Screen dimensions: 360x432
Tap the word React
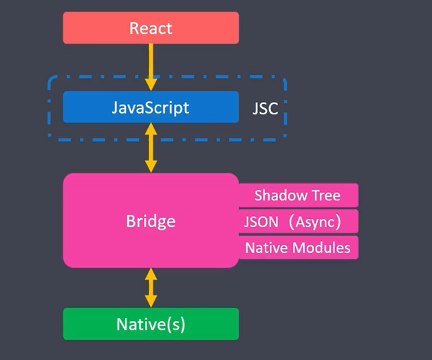tap(151, 28)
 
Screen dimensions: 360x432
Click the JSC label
tap(265, 109)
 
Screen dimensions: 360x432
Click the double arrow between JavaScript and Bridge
tap(151, 147)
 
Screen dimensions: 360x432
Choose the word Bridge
tap(151, 221)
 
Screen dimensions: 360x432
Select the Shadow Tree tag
tap(297, 195)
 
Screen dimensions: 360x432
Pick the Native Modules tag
tap(298, 248)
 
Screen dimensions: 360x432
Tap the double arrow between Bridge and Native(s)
tap(151, 287)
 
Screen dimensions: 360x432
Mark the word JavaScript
tap(151, 107)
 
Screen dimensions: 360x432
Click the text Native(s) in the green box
tap(151, 324)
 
